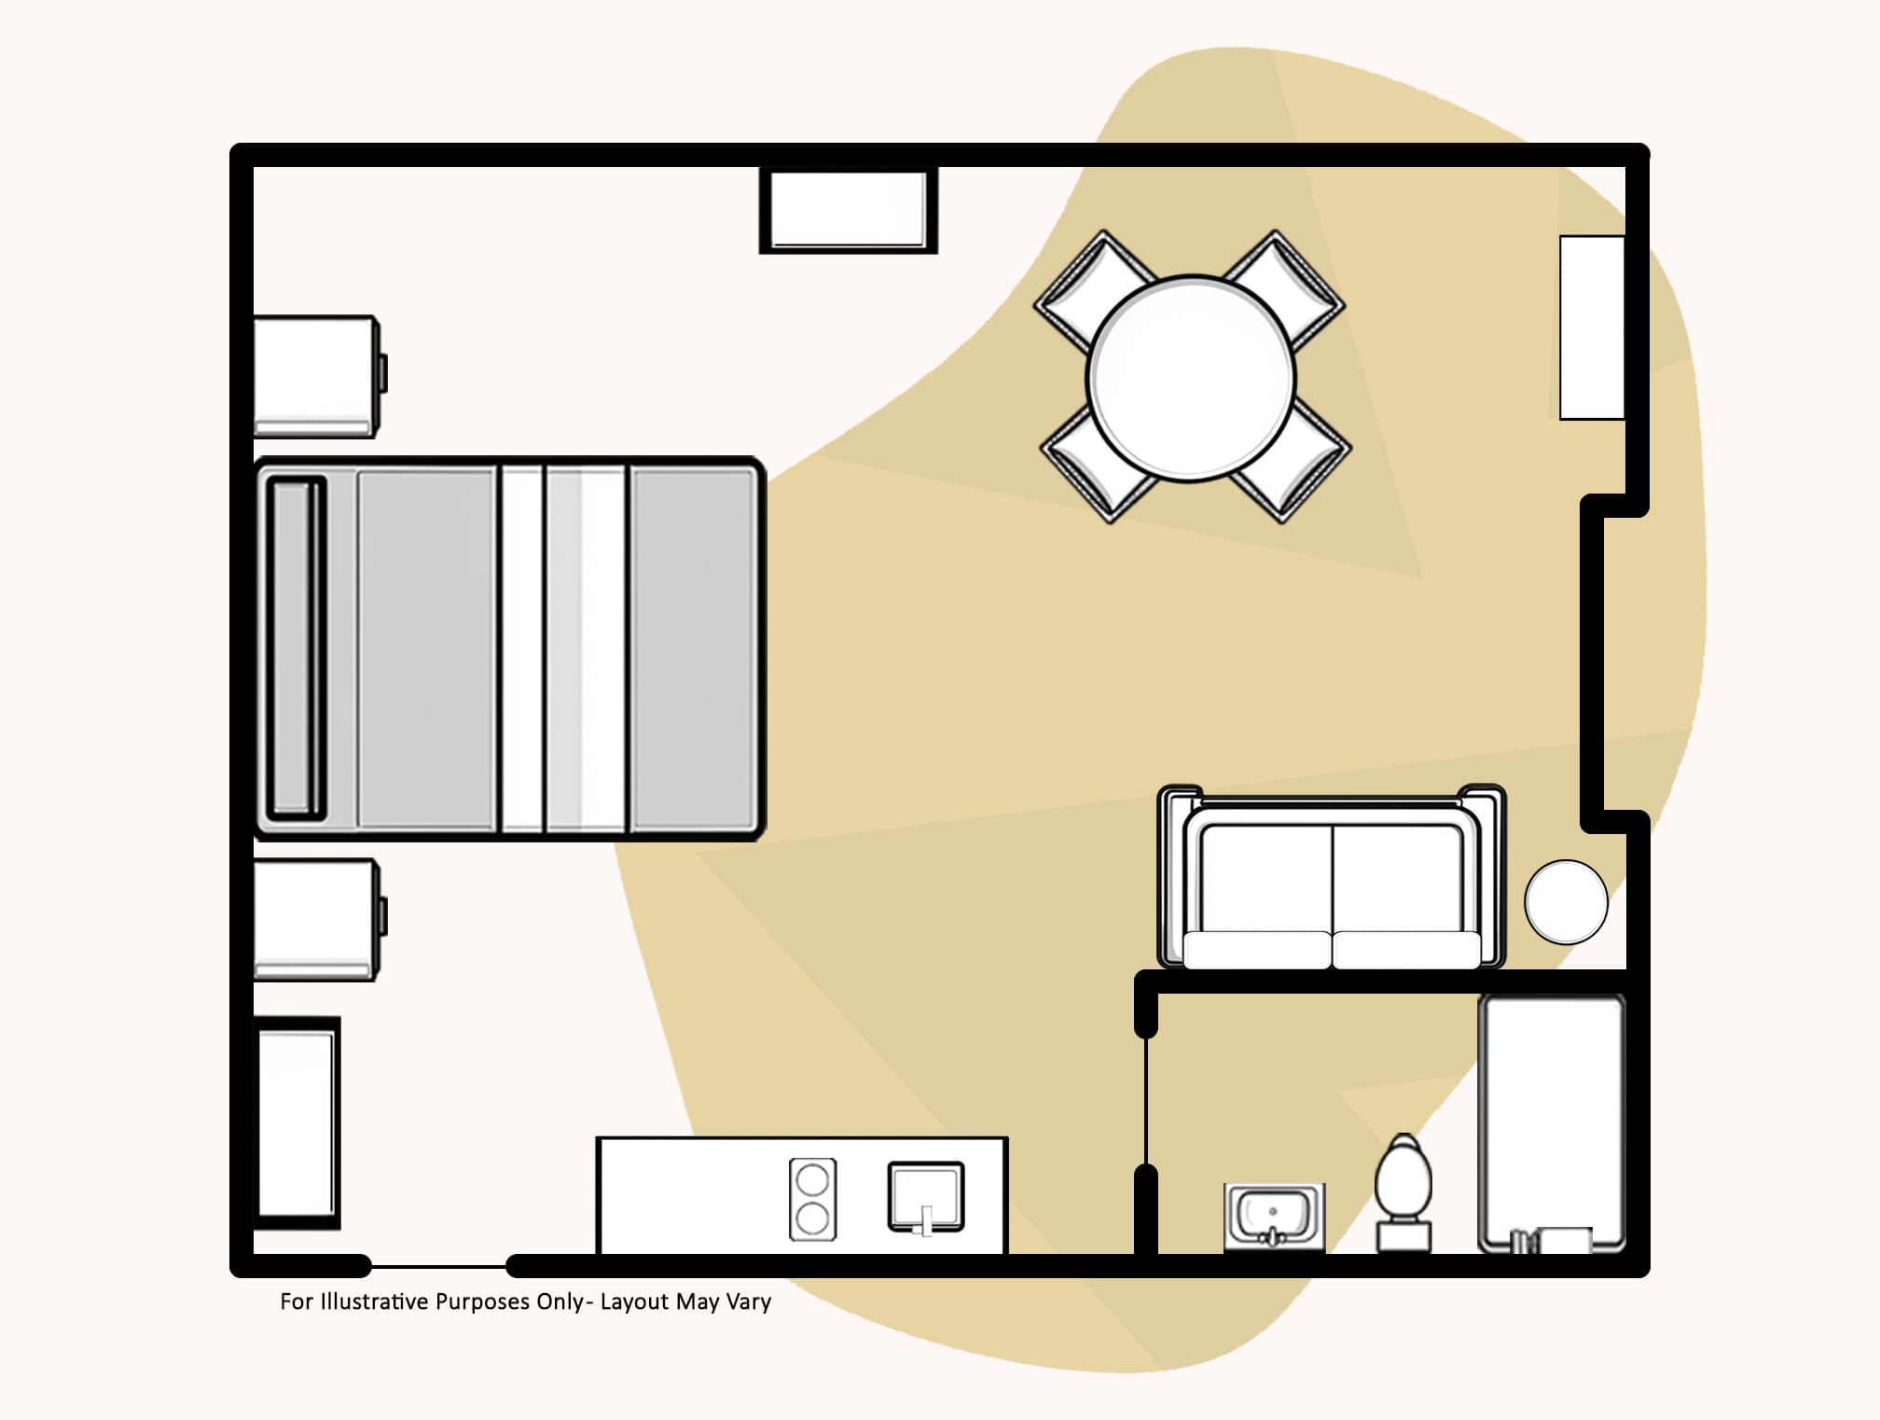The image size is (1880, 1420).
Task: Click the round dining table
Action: tap(1192, 378)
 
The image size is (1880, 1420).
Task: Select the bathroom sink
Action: tap(1273, 1216)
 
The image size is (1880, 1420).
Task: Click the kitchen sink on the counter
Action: tap(925, 1197)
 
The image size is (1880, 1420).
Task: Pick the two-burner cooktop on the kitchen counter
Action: tap(812, 1199)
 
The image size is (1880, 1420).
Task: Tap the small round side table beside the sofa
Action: tap(1566, 901)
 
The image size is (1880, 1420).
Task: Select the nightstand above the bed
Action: tap(317, 376)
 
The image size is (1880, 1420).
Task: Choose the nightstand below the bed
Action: tap(317, 919)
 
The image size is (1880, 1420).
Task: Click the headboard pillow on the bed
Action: tap(297, 648)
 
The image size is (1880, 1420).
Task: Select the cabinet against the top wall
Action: tap(848, 209)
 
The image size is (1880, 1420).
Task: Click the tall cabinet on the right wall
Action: tap(1592, 327)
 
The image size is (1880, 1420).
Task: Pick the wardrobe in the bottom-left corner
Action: tap(297, 1122)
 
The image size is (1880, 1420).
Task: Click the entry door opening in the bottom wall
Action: tap(438, 1266)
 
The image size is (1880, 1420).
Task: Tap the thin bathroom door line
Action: tap(1146, 1101)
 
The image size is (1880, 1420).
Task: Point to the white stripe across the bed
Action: tap(522, 648)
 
